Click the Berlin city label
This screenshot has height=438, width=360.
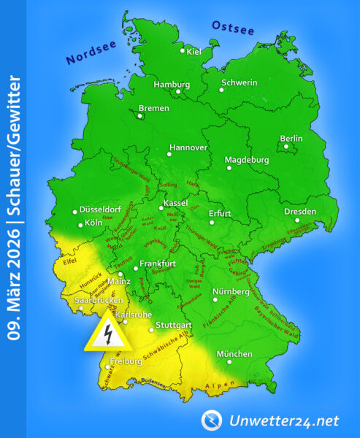pyautogui.click(x=291, y=139)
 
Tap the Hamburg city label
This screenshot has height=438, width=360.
pyautogui.click(x=171, y=84)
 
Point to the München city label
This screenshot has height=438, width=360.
pyautogui.click(x=234, y=354)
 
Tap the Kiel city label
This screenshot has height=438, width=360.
pyautogui.click(x=194, y=51)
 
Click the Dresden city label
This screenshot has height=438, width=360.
pyautogui.click(x=301, y=212)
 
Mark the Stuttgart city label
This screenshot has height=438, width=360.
pyautogui.click(x=174, y=323)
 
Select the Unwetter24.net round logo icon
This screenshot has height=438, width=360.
pyautogui.click(x=212, y=420)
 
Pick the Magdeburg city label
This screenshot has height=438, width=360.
pyautogui.click(x=247, y=159)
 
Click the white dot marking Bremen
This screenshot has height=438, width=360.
pyautogui.click(x=140, y=115)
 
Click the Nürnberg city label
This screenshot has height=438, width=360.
pyautogui.click(x=231, y=291)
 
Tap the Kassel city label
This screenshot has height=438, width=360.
pyautogui.click(x=175, y=202)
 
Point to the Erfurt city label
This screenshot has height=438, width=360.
pyautogui.click(x=220, y=213)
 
